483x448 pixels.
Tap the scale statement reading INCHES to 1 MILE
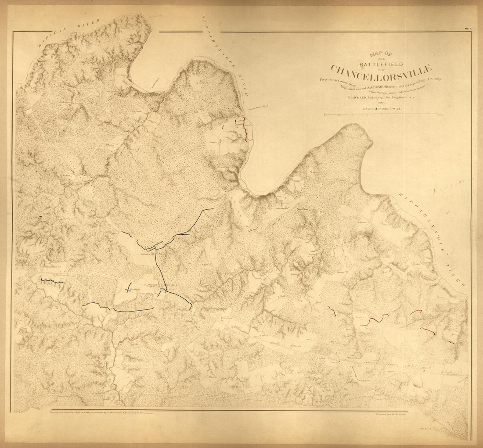pyautogui.click(x=381, y=108)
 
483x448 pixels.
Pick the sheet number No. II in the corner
pyautogui.click(x=468, y=29)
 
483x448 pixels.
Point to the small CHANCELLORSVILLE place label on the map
pyautogui.click(x=165, y=285)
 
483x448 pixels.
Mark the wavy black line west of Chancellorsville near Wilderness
pyautogui.click(x=53, y=280)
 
